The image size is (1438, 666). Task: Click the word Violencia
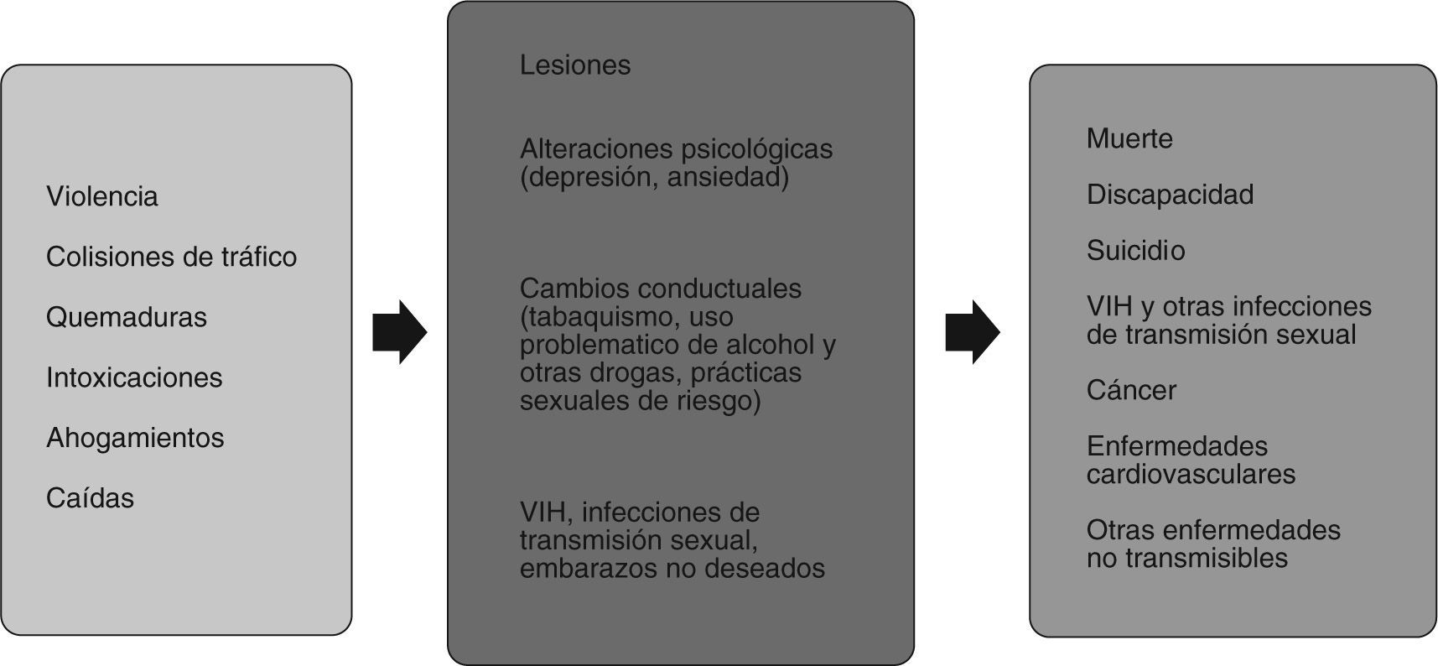101,196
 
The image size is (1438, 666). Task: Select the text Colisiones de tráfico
171,257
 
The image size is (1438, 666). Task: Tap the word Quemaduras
126,317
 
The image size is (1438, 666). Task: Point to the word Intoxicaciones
134,377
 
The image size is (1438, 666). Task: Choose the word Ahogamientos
135,438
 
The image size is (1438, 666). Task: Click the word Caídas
90,498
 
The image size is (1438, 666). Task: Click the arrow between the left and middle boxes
399,332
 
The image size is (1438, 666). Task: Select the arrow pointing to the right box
972,332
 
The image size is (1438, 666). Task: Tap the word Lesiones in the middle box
574,65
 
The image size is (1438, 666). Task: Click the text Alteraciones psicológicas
676,149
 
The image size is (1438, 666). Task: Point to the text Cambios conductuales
660,289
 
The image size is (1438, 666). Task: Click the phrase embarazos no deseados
672,569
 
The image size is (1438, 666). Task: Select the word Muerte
1129,138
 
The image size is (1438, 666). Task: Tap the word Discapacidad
1170,195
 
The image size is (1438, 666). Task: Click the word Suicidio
1135,251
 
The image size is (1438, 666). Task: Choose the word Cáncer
1131,390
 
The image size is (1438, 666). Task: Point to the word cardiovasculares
1191,475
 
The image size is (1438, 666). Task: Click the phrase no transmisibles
1186,559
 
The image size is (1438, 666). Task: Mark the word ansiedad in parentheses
727,178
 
